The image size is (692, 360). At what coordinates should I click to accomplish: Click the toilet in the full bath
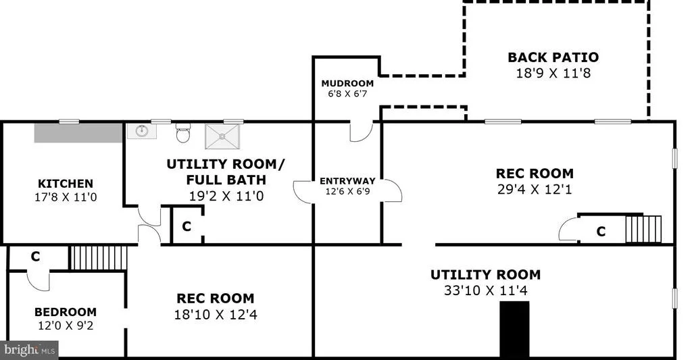(x=183, y=133)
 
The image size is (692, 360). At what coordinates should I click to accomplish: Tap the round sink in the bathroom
(x=142, y=131)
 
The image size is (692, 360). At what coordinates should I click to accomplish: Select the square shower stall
(x=222, y=136)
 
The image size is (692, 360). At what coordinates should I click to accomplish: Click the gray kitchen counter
(x=78, y=133)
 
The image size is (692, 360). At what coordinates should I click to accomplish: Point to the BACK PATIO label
(x=553, y=57)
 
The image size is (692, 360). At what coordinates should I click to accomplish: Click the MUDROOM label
(x=347, y=83)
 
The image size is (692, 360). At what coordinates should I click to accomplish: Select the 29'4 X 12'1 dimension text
(x=535, y=189)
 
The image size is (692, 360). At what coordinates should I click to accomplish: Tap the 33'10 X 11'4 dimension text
(x=485, y=290)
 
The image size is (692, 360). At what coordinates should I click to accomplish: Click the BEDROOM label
(x=66, y=312)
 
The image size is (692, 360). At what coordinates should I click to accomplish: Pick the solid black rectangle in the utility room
(x=514, y=329)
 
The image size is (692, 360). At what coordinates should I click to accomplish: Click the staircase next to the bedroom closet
(x=99, y=257)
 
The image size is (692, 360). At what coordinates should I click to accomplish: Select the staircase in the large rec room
(x=643, y=229)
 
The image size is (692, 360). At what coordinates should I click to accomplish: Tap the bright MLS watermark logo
(x=29, y=351)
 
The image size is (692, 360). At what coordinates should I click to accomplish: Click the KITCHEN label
(x=66, y=184)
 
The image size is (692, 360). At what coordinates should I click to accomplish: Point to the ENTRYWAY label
(x=347, y=181)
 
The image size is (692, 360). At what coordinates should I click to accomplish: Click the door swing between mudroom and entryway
(x=362, y=132)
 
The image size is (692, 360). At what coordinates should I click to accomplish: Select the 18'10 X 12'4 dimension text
(x=216, y=315)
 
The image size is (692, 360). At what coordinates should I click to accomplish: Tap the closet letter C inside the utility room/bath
(x=187, y=226)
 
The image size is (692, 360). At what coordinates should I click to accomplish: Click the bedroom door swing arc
(x=39, y=282)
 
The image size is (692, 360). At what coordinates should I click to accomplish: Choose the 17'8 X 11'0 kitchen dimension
(x=66, y=197)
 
